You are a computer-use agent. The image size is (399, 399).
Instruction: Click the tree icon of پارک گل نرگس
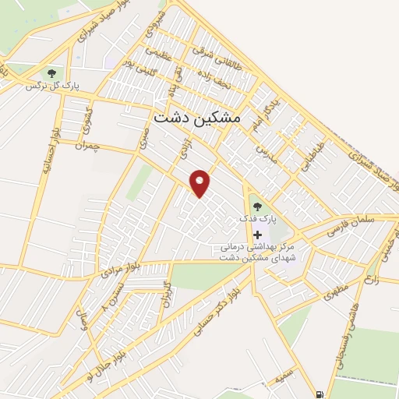tap(52, 72)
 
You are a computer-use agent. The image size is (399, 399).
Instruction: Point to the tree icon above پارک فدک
tap(257, 205)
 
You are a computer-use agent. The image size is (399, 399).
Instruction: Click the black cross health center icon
tap(258, 234)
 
